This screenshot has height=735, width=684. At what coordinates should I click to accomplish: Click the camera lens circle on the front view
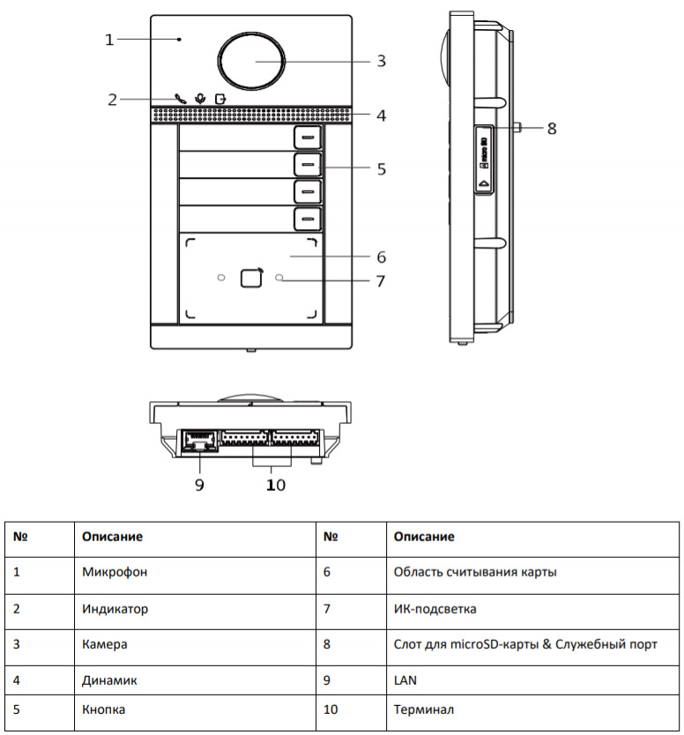(252, 61)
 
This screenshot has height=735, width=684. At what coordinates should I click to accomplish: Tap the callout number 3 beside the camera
(381, 61)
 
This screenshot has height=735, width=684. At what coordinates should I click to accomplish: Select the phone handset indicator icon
(181, 99)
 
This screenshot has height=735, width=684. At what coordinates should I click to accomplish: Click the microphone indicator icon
(200, 99)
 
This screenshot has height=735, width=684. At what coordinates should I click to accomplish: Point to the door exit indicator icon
(219, 99)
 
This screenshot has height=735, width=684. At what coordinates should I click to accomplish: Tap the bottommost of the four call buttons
(306, 219)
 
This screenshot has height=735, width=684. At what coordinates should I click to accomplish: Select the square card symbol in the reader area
(251, 278)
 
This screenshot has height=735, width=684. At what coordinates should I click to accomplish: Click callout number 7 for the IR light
(381, 282)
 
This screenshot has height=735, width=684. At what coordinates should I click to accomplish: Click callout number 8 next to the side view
(552, 129)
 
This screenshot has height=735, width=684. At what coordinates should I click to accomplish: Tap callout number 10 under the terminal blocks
(276, 485)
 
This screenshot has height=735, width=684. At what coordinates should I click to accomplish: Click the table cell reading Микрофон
(114, 572)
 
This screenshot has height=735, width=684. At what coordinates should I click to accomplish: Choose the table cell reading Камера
(105, 644)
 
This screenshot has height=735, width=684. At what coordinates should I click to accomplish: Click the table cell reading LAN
(405, 680)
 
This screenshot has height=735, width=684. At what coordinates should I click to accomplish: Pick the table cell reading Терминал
(423, 709)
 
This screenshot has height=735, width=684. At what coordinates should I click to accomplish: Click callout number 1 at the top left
(109, 40)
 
